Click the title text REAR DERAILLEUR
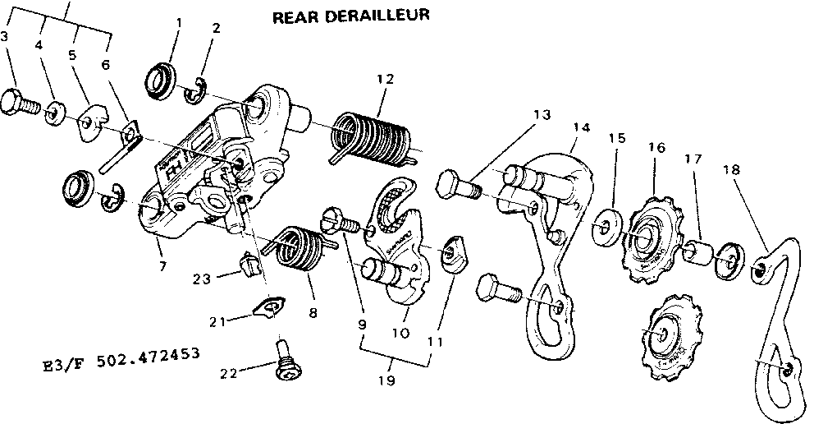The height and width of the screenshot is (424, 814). [x=350, y=16]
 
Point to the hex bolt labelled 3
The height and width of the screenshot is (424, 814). [x=19, y=103]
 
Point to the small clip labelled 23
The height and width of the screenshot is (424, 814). [x=249, y=265]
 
